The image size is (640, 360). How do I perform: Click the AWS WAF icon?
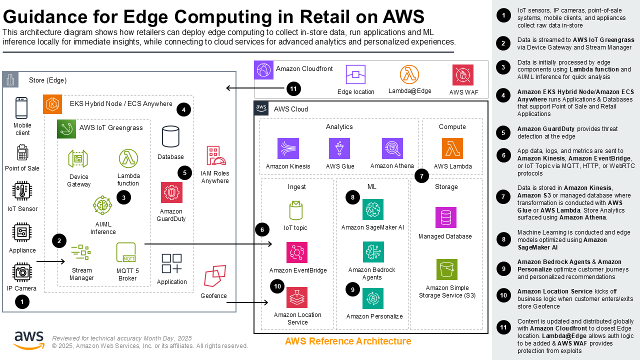point(462,75)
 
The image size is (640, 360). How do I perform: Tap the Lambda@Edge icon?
point(409,74)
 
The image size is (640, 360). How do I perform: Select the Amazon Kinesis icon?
point(288,148)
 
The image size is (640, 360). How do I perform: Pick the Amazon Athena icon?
point(392,148)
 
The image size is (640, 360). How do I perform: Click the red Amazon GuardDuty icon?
point(171,192)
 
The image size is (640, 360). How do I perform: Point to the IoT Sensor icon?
point(22,191)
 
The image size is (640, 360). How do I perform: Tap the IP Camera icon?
point(22,272)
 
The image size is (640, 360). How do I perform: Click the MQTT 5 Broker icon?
point(126,253)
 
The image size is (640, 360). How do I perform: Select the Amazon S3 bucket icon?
point(446,269)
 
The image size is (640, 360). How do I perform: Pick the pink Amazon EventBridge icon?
point(297,252)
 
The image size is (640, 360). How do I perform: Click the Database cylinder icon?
point(170,137)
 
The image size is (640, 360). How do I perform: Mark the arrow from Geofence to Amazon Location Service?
point(248,302)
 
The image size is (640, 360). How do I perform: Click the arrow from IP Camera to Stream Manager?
point(51,261)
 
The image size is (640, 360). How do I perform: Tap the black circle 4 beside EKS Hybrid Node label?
point(183,109)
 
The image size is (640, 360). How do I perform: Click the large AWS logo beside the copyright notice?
point(29,340)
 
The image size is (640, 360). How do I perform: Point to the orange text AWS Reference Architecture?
point(348,341)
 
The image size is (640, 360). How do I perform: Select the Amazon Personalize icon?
point(373,298)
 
